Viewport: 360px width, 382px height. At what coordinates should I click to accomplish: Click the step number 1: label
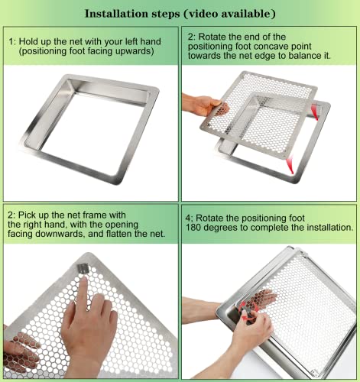pyautogui.click(x=13, y=41)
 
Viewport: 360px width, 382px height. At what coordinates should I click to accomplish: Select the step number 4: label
pyautogui.click(x=190, y=216)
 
